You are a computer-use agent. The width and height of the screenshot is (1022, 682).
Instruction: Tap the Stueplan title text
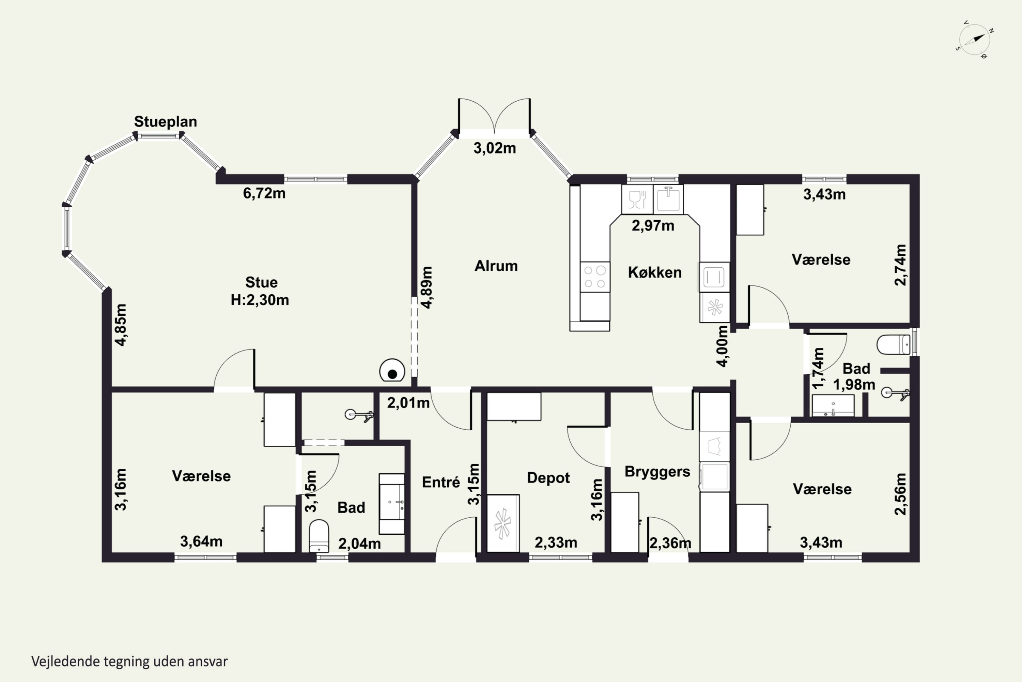165,121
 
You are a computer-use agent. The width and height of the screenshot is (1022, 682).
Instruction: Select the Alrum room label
496,266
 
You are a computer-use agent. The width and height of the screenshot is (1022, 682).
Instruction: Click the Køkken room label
654,272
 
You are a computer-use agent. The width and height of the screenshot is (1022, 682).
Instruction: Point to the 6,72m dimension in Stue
264,193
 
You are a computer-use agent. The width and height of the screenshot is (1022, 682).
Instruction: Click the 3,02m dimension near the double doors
495,148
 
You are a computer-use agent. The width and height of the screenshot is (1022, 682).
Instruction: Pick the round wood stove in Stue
392,371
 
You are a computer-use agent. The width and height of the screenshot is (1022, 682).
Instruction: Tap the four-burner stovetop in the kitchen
595,277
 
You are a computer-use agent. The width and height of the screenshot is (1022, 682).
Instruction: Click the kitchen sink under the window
668,199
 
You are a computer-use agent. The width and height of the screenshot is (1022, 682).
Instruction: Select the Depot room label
548,478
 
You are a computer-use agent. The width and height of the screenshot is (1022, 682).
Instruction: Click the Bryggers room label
657,472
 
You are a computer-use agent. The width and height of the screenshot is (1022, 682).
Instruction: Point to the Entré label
440,482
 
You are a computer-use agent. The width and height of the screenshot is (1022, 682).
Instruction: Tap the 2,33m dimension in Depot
556,543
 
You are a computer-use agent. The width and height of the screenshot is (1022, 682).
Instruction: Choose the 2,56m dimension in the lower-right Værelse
900,494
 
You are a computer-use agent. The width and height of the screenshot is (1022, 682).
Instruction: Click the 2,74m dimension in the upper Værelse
900,265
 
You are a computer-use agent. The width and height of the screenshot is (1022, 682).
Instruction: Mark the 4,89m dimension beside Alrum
427,287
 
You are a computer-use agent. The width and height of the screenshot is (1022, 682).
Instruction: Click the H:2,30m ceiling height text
260,300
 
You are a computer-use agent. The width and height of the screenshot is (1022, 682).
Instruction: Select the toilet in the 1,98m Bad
893,344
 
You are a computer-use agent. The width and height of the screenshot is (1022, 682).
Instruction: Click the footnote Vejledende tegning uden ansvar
129,662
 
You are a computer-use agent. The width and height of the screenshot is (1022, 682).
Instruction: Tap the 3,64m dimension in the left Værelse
201,542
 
